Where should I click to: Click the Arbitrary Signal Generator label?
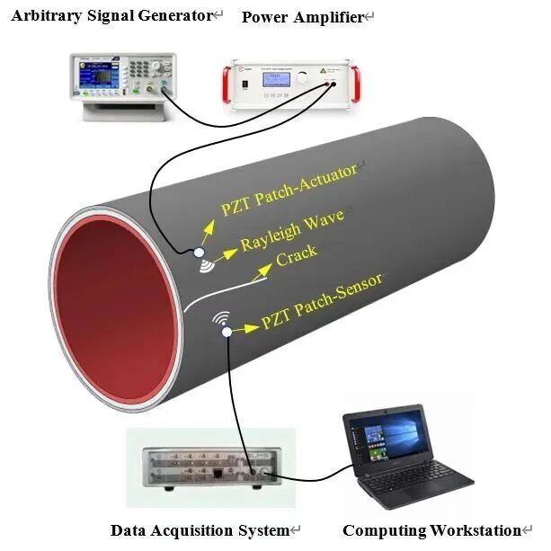click(x=112, y=16)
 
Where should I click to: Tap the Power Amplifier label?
click(x=303, y=17)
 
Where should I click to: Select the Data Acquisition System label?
click(x=200, y=530)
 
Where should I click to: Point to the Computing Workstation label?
click(x=431, y=530)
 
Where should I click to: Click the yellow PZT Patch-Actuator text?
click(x=289, y=189)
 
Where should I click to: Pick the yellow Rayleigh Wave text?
click(x=291, y=230)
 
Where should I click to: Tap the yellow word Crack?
click(x=297, y=255)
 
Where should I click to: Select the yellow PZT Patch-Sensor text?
click(x=322, y=301)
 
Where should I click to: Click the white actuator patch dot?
click(x=200, y=252)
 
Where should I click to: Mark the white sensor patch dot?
click(x=227, y=332)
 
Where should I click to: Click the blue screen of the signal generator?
click(x=95, y=76)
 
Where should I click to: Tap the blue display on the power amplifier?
click(x=275, y=79)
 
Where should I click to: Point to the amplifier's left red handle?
click(x=226, y=85)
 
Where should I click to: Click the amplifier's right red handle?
click(x=356, y=84)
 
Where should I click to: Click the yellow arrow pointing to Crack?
click(x=262, y=272)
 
